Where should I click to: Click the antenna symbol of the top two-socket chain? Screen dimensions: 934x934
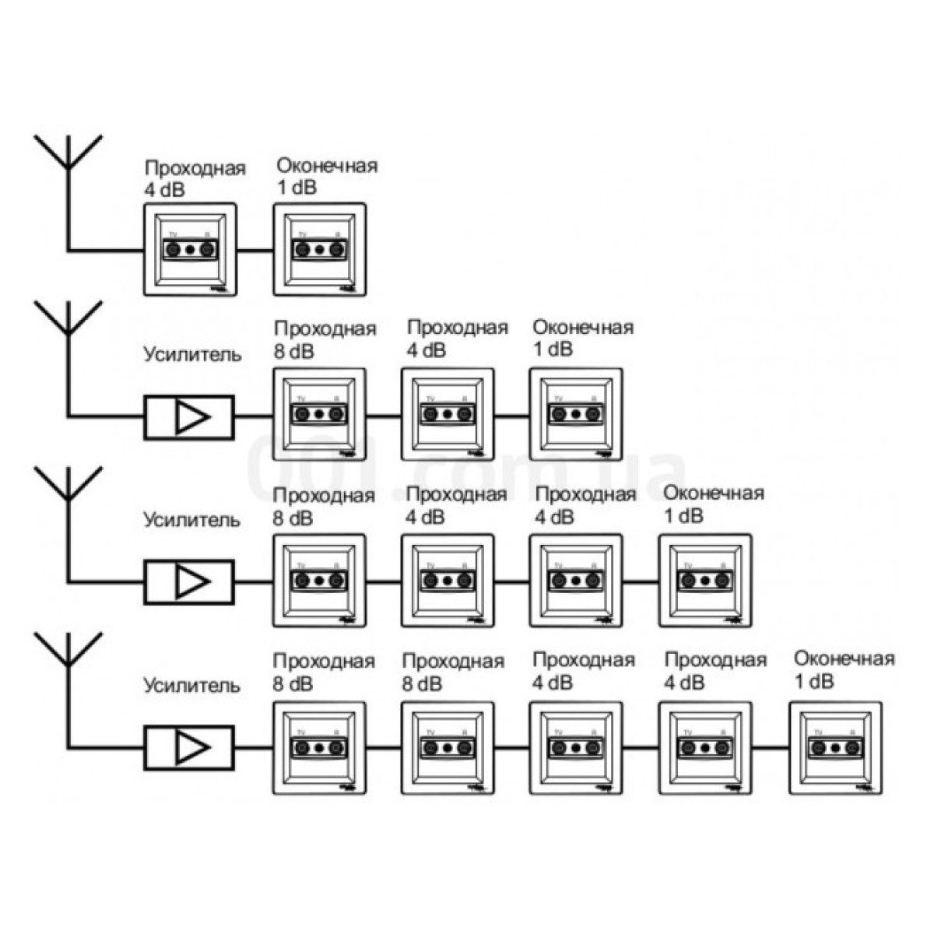coord(68,156)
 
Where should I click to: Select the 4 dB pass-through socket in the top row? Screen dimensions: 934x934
coord(190,250)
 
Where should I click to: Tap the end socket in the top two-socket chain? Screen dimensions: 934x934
coord(319,250)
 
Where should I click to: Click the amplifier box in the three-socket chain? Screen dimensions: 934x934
coord(189,417)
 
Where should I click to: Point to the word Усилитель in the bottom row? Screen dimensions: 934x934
coord(191,686)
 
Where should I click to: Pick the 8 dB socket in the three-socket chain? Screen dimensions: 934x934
coord(319,414)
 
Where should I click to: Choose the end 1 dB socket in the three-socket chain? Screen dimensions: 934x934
coord(576,414)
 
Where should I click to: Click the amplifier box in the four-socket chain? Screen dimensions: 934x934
coord(189,581)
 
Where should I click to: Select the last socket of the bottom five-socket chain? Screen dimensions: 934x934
coord(836,748)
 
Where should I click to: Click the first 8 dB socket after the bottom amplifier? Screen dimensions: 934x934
coord(319,748)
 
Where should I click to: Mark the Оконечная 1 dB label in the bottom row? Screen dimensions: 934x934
coord(844,669)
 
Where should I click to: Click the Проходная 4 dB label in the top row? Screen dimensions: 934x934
coord(195,178)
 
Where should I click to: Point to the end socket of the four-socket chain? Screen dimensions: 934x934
coord(705,581)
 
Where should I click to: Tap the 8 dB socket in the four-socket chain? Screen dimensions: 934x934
coord(319,581)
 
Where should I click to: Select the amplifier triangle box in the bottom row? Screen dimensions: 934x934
coord(189,748)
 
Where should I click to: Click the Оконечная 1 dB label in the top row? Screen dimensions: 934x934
coord(327,176)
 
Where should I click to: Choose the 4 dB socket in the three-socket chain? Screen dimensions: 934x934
coord(448,414)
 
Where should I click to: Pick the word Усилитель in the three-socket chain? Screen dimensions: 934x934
coord(191,354)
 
